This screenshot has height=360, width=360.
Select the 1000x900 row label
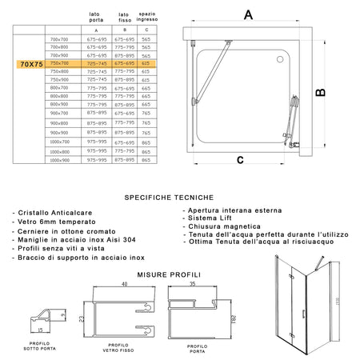click(59, 160)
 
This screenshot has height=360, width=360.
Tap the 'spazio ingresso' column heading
click(146, 17)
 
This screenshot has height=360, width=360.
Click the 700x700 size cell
click(59, 38)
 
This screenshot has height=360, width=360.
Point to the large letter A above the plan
click(248, 14)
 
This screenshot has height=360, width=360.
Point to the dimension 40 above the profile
click(125, 284)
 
